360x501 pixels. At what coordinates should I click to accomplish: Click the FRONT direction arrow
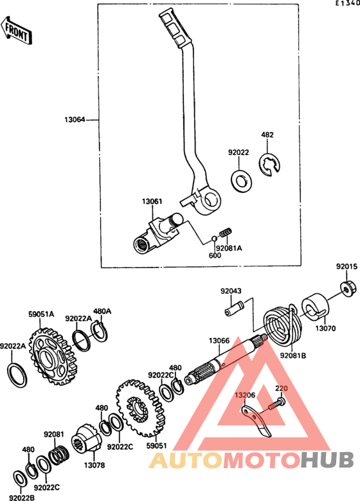[x=16, y=30]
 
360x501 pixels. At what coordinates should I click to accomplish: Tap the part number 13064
[x=75, y=120]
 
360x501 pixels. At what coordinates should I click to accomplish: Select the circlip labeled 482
[x=270, y=165]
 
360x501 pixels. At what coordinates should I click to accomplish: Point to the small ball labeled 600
[x=215, y=239]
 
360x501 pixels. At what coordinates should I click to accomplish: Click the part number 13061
[x=152, y=201]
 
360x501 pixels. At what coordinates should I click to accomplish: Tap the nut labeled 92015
[x=346, y=288]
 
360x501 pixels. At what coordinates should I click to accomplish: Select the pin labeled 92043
[x=235, y=308]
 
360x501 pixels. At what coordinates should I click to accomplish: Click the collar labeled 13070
[x=315, y=307]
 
